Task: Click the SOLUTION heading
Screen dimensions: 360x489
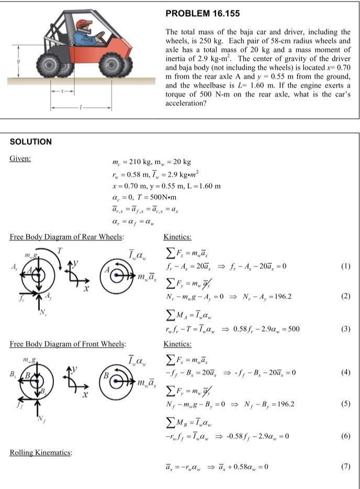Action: pos(31,141)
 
